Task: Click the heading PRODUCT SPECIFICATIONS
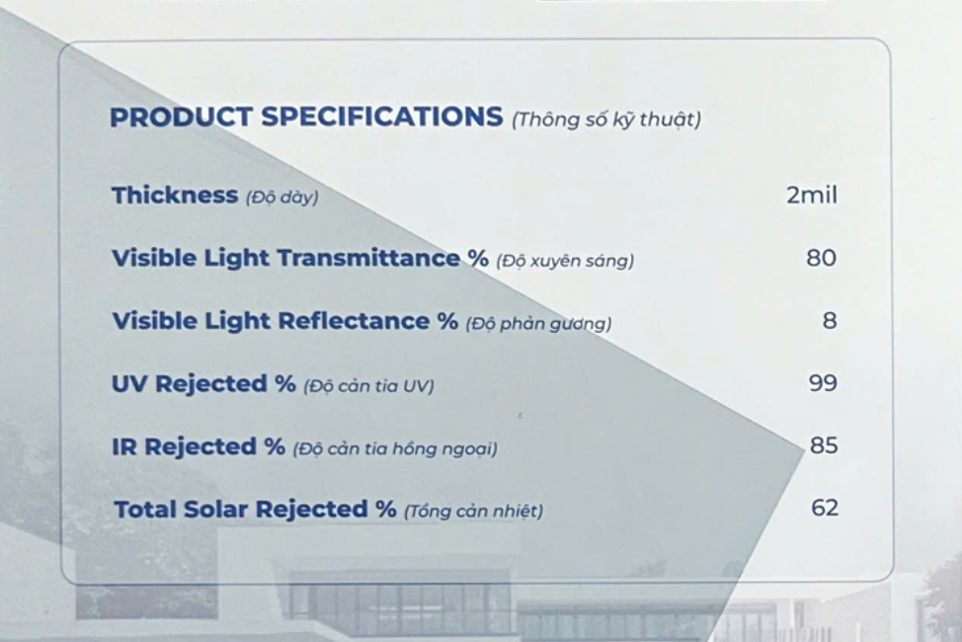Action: [x=306, y=118]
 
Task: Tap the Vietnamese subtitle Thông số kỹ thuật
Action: [x=606, y=120]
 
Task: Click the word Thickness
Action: [x=175, y=196]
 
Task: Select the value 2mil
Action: [x=812, y=196]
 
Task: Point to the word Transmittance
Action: [x=368, y=258]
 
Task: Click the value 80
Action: [x=822, y=258]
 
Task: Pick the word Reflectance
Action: [x=354, y=320]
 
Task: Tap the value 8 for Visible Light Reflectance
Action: [x=830, y=320]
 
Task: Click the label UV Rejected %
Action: [x=203, y=383]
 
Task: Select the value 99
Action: [x=823, y=383]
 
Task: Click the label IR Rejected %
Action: [x=199, y=446]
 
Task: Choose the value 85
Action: [x=824, y=445]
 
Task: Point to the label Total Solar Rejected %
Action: [x=255, y=510]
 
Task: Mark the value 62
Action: [x=825, y=509]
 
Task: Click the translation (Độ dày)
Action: [x=282, y=198]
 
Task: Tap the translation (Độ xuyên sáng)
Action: [x=565, y=261]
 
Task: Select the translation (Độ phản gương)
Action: [x=538, y=323]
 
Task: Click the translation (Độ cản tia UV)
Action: [x=368, y=386]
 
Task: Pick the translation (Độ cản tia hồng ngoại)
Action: [x=395, y=449]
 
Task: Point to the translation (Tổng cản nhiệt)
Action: [x=474, y=512]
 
